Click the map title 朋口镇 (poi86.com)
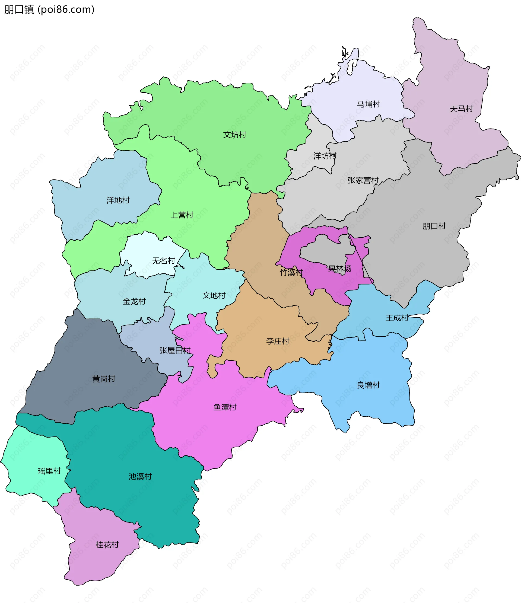(x=49, y=9)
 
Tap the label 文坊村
(x=235, y=135)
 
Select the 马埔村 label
(x=368, y=104)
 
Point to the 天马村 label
(x=461, y=109)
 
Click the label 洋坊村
(x=325, y=156)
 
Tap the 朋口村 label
(x=434, y=226)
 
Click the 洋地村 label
(x=118, y=200)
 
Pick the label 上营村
(x=182, y=215)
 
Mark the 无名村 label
(x=164, y=260)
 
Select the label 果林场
(x=340, y=268)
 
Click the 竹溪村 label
(x=291, y=272)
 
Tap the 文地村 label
(x=214, y=295)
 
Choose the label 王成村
(x=397, y=318)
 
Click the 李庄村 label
(x=278, y=341)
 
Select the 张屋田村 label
(x=175, y=350)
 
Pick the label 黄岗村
(x=104, y=379)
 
